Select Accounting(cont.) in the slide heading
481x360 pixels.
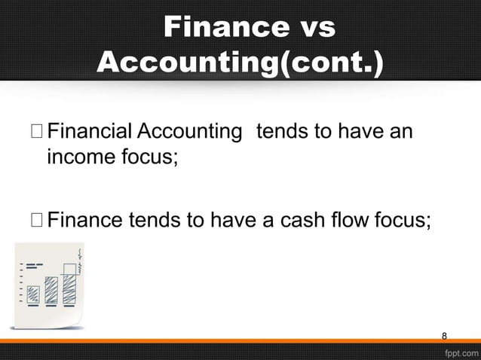[240, 63]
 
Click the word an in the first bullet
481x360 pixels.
[401, 133]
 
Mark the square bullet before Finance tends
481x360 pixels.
[37, 220]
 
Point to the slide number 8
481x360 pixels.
[444, 335]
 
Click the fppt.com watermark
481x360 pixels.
[459, 352]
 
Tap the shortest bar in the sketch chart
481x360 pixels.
[33, 294]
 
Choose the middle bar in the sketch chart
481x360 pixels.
[51, 291]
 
